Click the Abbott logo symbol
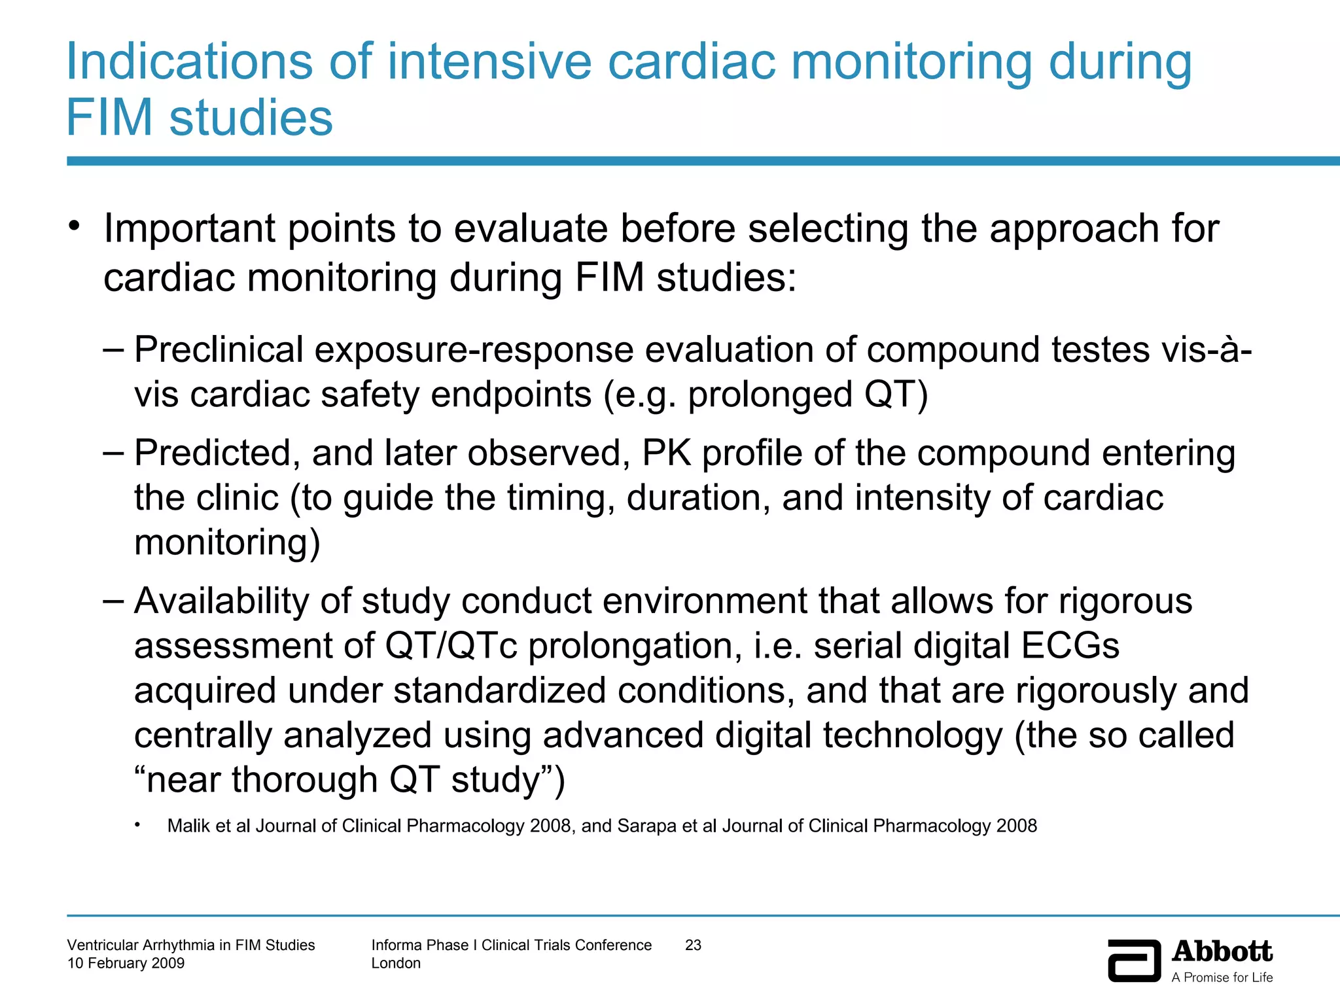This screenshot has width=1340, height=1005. click(1134, 961)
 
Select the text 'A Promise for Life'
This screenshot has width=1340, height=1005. click(1222, 978)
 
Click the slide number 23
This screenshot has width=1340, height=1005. click(693, 945)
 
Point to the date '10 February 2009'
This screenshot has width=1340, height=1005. click(126, 963)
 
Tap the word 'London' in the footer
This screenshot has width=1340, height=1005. click(396, 963)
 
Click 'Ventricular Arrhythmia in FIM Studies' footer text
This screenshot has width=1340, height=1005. click(191, 945)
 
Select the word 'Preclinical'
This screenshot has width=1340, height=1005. click(219, 349)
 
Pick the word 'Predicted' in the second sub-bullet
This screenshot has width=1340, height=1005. click(212, 453)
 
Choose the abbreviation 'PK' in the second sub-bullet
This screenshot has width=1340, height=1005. click(667, 453)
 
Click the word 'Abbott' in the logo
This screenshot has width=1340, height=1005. click(1222, 952)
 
